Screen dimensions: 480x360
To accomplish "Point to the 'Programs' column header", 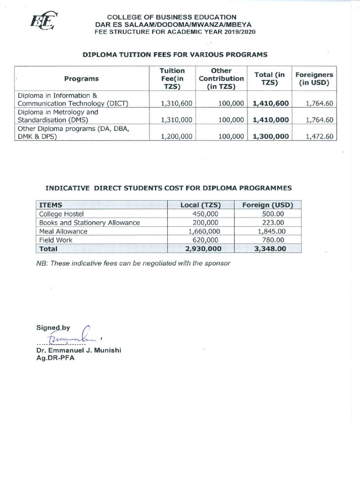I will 82,79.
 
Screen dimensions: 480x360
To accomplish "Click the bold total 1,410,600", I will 270,104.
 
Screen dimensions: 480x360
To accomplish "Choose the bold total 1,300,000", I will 270,136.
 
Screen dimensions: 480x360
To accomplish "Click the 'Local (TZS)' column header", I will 201,205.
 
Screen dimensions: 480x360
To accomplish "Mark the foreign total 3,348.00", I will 270,249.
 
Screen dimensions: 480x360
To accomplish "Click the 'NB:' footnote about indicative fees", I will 134,263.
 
